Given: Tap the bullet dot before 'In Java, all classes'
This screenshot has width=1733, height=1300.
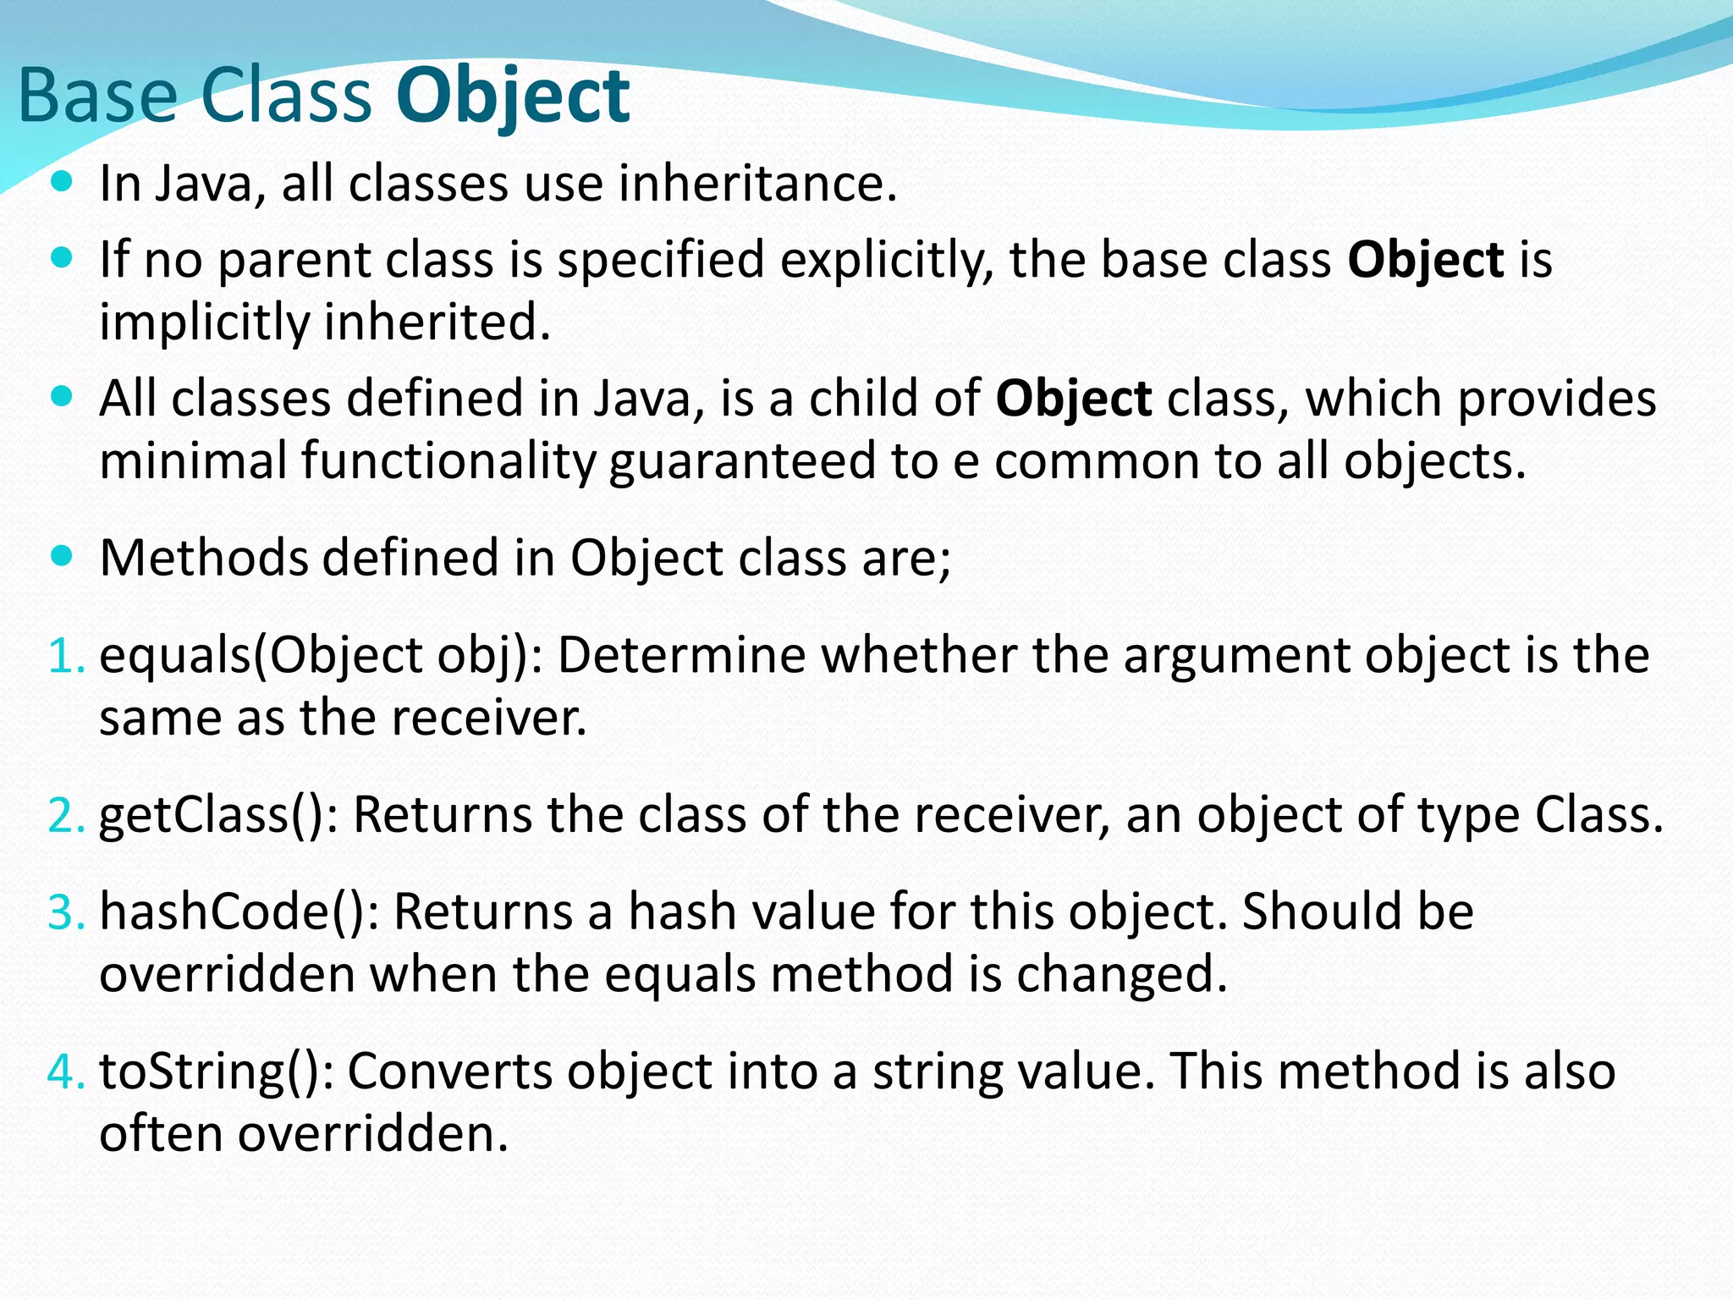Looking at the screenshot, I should [x=62, y=181].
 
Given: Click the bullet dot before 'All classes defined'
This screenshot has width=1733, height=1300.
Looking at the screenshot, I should [x=62, y=395].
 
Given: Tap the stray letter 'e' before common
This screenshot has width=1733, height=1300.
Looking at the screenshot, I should [x=966, y=463].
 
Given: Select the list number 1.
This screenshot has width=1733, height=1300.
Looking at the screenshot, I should [x=65, y=656].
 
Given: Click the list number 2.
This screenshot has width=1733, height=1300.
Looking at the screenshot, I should [x=65, y=816].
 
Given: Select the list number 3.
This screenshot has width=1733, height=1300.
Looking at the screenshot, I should [x=65, y=912].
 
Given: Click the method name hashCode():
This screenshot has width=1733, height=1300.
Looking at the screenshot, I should [x=239, y=912].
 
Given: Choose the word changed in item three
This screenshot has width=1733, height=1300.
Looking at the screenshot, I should [x=1120, y=975].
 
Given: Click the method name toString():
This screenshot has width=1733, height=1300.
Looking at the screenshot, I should [x=217, y=1071].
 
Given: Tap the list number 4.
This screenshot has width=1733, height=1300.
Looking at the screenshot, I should [x=65, y=1072].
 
